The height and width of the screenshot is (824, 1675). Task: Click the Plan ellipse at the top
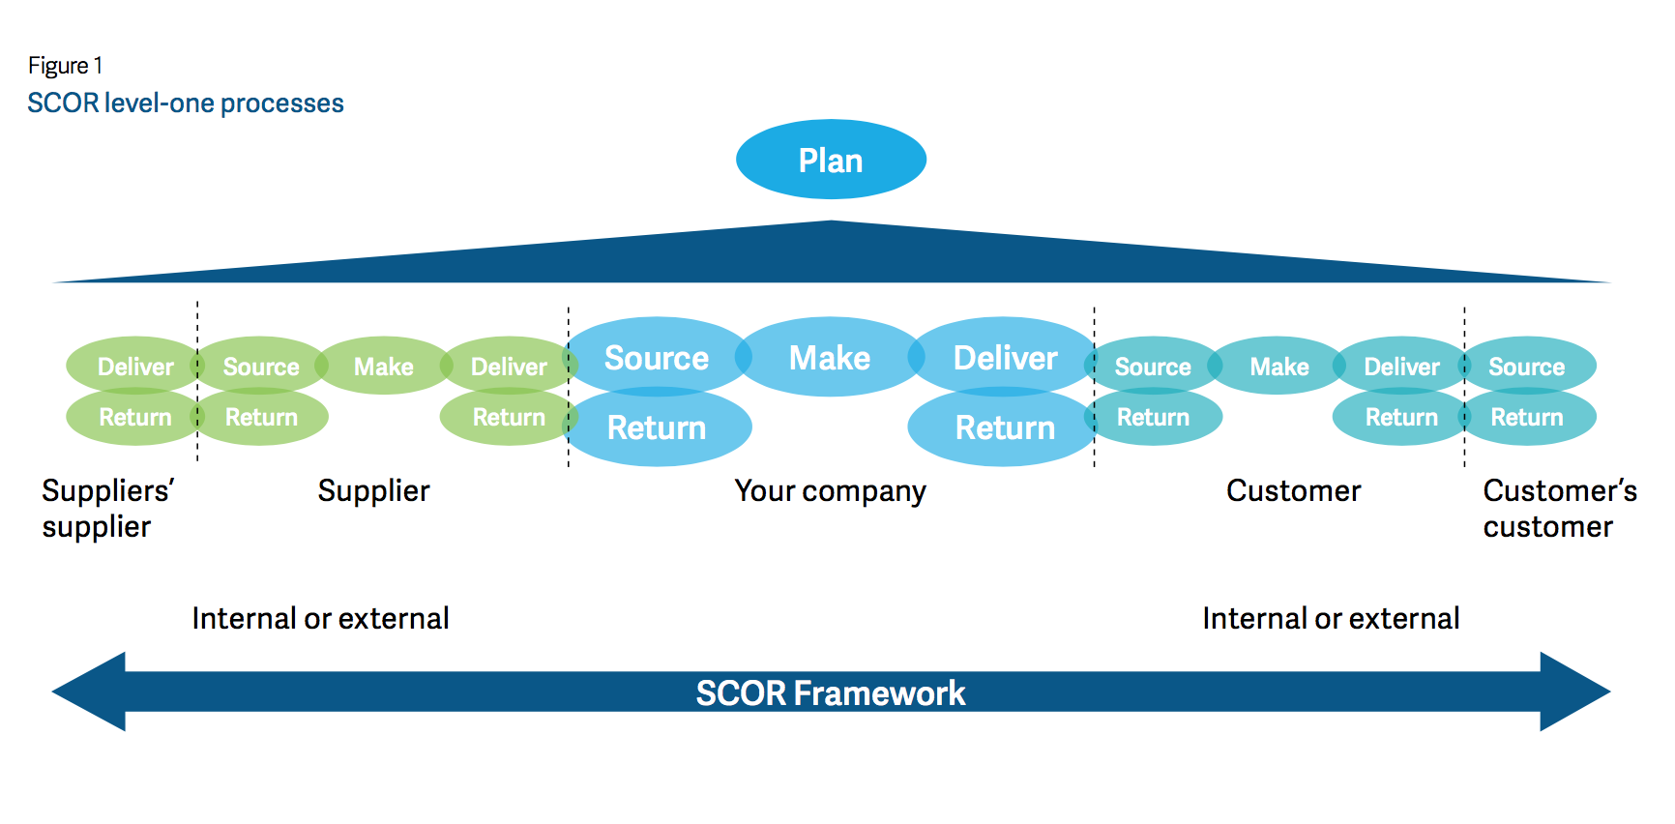coord(831,160)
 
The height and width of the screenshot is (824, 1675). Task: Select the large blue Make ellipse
coord(830,357)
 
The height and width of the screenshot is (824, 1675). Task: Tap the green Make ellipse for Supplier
coord(384,366)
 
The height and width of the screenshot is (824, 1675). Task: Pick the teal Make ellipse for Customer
coord(1278,366)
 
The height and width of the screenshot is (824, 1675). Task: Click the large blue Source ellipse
coord(657,357)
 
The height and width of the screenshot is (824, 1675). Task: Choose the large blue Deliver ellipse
coord(1005,357)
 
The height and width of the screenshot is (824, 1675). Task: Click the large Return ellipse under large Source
coord(657,427)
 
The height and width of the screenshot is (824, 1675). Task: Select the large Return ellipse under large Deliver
coord(1005,427)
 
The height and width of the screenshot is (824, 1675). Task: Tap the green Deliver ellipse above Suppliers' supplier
coord(135,366)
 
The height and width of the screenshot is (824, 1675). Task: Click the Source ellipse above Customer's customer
coord(1527,366)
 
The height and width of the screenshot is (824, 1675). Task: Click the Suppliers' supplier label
coord(107,509)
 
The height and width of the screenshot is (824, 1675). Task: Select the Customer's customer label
coord(1560,509)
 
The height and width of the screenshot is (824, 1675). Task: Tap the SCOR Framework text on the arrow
coord(831,692)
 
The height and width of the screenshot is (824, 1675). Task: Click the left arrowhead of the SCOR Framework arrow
coord(89,692)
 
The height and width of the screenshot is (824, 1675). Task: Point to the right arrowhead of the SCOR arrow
coord(1574,692)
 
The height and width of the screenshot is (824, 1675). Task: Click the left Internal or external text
coord(320,618)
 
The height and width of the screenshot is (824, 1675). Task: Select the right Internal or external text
coord(1331,618)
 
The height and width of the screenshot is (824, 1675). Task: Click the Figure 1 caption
coord(65,66)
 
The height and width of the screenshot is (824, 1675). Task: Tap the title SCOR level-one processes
coord(186,103)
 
